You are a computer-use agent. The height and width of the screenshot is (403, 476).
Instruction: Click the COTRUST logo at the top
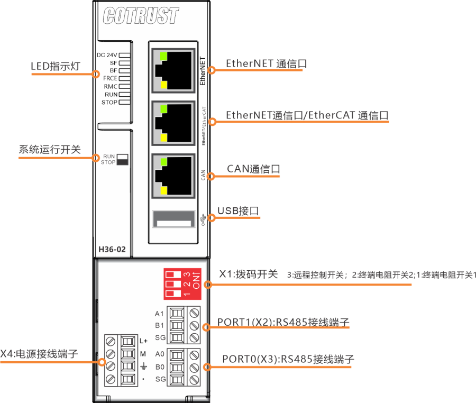coord(141,16)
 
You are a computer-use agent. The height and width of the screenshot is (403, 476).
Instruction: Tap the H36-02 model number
coord(112,249)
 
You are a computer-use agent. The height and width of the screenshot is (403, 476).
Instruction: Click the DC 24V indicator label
coord(107,55)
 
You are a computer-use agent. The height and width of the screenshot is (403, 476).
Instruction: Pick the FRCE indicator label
coord(110,78)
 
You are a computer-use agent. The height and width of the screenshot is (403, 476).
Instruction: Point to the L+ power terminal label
coord(143,341)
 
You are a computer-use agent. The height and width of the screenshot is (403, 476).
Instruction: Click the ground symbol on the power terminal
coord(143,367)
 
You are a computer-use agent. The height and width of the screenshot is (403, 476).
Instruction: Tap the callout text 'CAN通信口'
coord(253,169)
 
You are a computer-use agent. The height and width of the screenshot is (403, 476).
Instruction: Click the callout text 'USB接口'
coord(238,211)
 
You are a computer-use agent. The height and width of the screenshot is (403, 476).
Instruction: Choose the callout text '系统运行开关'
coord(50,150)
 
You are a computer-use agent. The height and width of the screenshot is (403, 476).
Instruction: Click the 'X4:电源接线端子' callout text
coord(39,353)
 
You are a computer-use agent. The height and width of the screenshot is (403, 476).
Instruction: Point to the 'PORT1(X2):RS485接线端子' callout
coord(283,322)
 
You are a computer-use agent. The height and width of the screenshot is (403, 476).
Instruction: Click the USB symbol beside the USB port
coord(205,218)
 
